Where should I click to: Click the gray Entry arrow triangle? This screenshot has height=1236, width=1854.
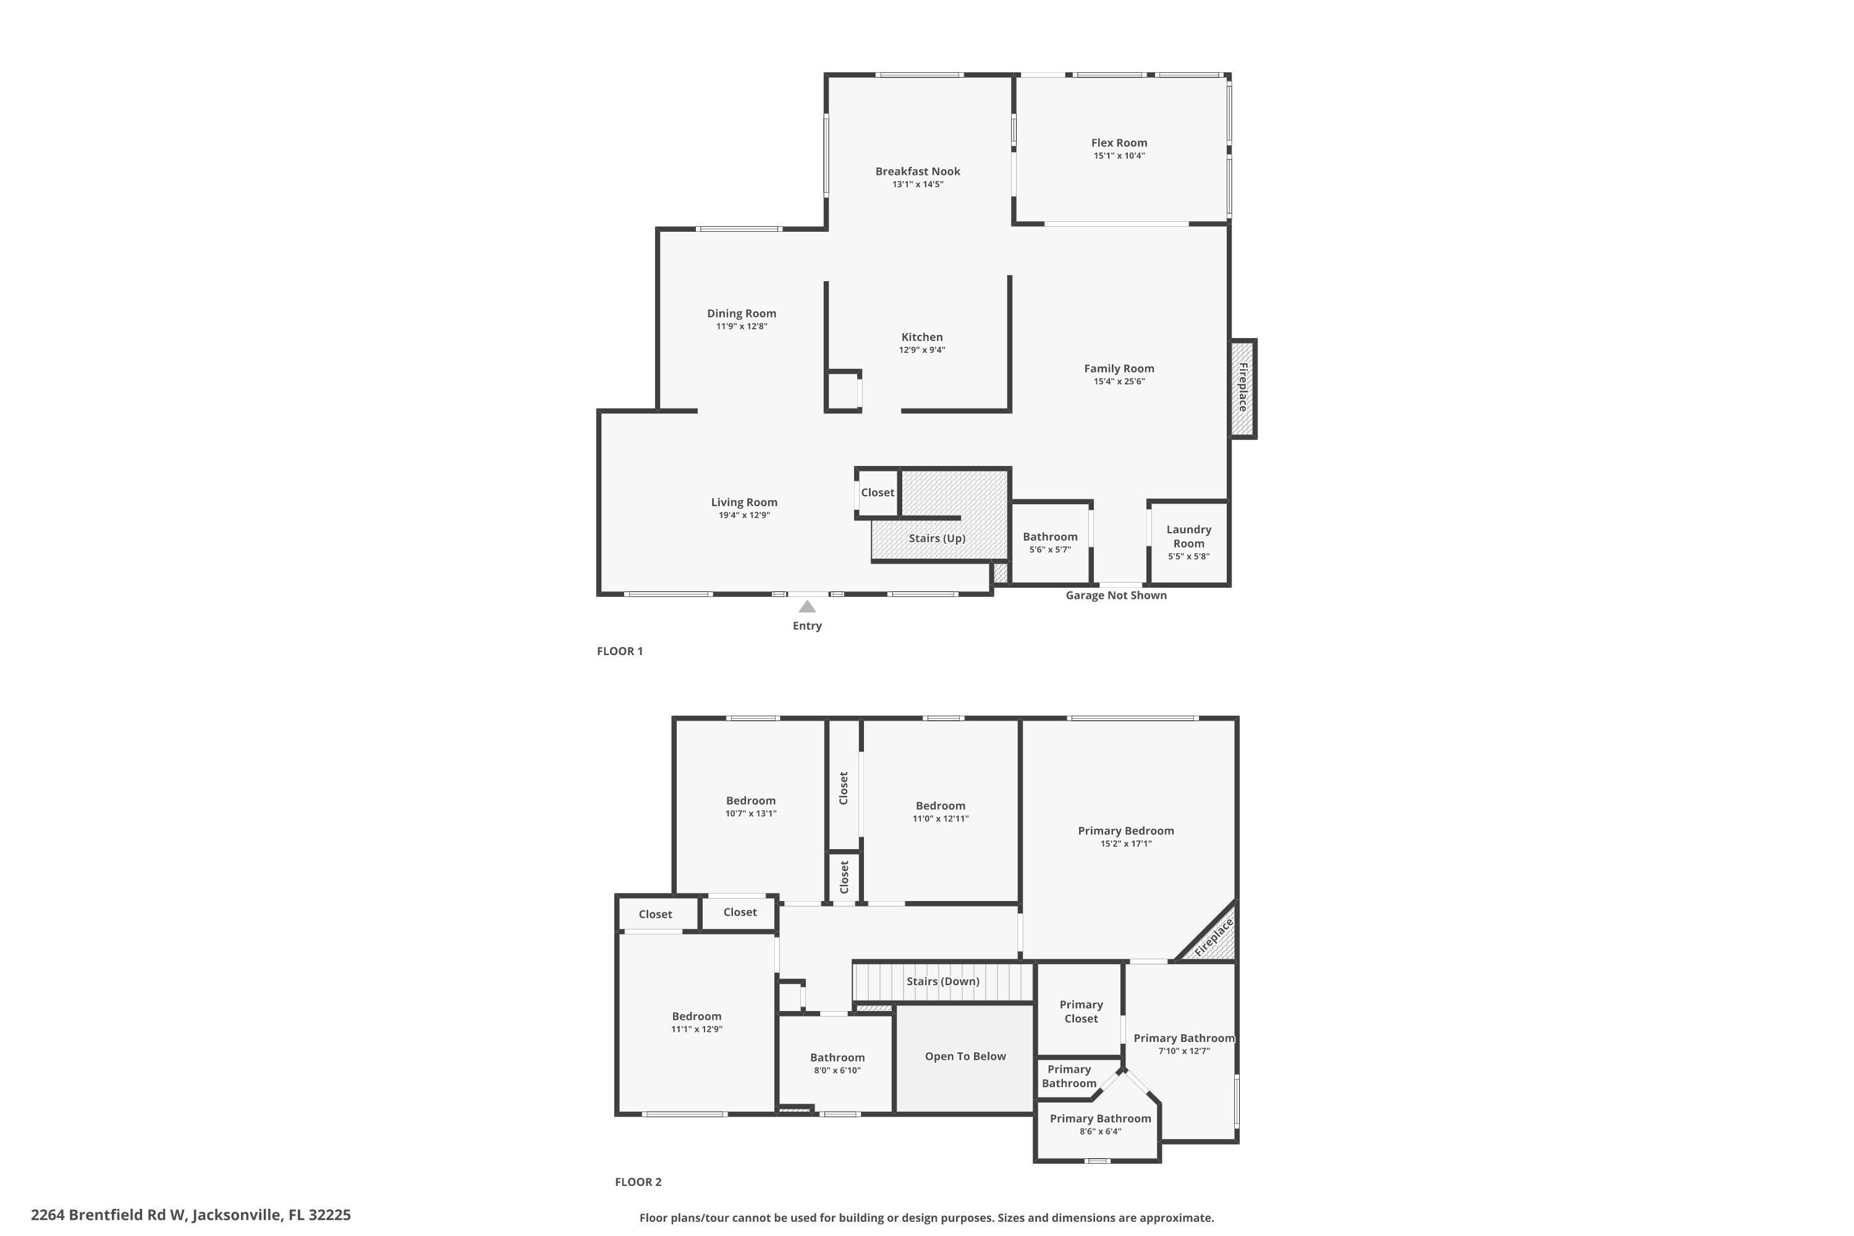[807, 606]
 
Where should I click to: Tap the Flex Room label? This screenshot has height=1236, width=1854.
[1119, 143]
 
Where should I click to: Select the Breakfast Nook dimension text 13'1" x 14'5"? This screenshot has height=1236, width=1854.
[918, 184]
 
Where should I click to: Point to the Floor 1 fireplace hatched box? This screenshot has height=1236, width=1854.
[1243, 389]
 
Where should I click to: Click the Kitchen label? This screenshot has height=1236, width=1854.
[922, 337]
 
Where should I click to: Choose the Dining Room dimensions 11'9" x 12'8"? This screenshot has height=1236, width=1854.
[742, 326]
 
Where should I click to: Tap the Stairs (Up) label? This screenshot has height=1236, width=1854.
[938, 538]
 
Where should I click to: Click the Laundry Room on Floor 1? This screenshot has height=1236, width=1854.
[1188, 543]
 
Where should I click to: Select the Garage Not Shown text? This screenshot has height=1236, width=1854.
[1116, 595]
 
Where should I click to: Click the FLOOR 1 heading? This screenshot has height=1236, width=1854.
[620, 651]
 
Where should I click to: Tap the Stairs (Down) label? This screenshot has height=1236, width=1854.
[943, 981]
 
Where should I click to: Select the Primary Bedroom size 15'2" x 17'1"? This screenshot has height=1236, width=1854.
[1125, 844]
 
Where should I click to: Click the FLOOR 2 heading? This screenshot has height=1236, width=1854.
[638, 1182]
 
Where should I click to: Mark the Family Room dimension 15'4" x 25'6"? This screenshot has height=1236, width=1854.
[1119, 381]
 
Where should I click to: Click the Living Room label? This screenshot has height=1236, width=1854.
[744, 502]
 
